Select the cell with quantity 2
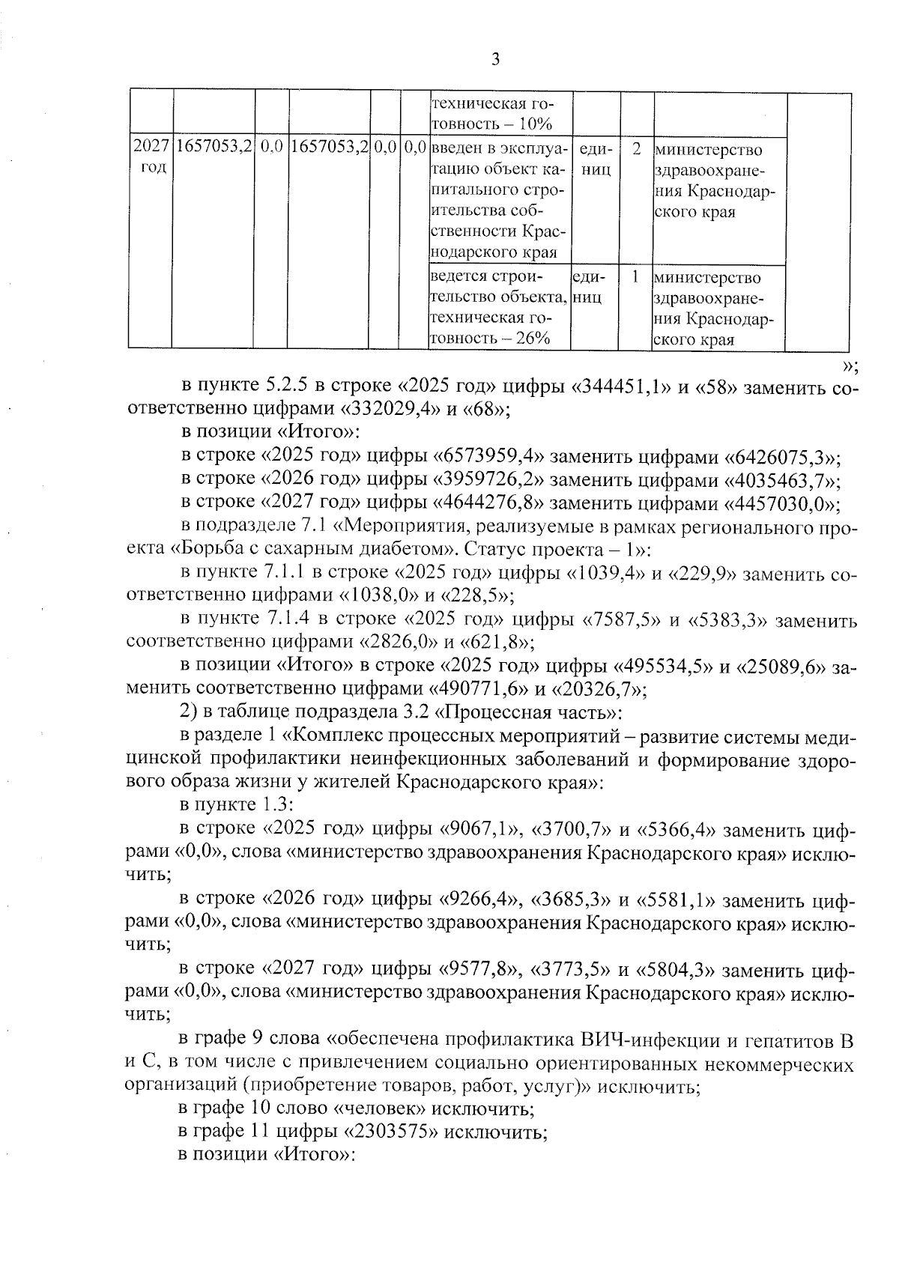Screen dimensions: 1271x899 [x=635, y=149]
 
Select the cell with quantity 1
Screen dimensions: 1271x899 [x=635, y=277]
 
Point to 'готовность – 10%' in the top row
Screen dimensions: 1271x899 [x=491, y=124]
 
